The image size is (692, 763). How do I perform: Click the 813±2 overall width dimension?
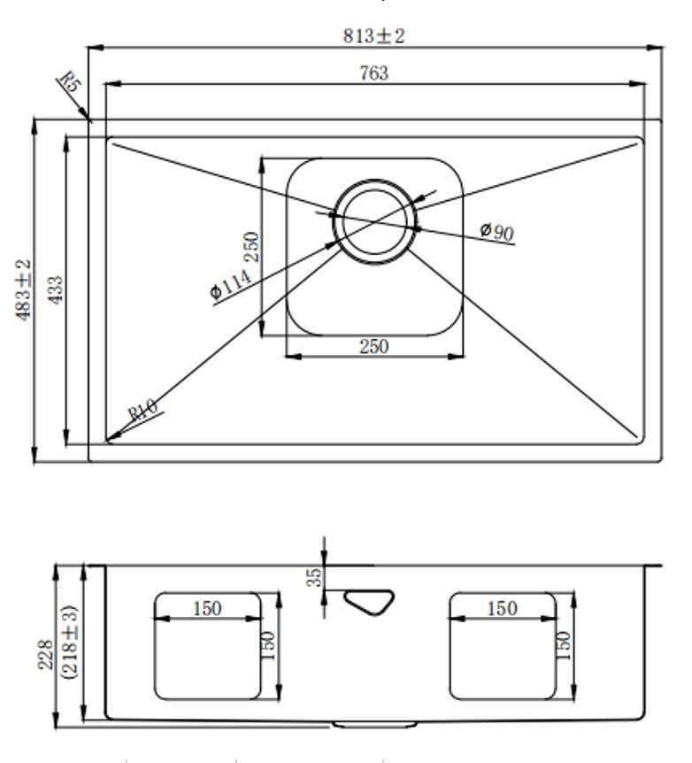tap(373, 36)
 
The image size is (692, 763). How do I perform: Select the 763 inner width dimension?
tap(374, 73)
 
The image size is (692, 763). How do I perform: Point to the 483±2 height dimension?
tap(23, 289)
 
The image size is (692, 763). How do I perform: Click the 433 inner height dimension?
tap(56, 290)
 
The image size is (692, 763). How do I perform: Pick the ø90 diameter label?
tap(496, 231)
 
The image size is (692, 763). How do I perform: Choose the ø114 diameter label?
tap(231, 284)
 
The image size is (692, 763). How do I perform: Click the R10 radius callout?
tap(142, 410)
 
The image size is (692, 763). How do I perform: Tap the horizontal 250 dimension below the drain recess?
tap(374, 346)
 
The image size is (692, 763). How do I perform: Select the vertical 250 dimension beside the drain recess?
tap(251, 247)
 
